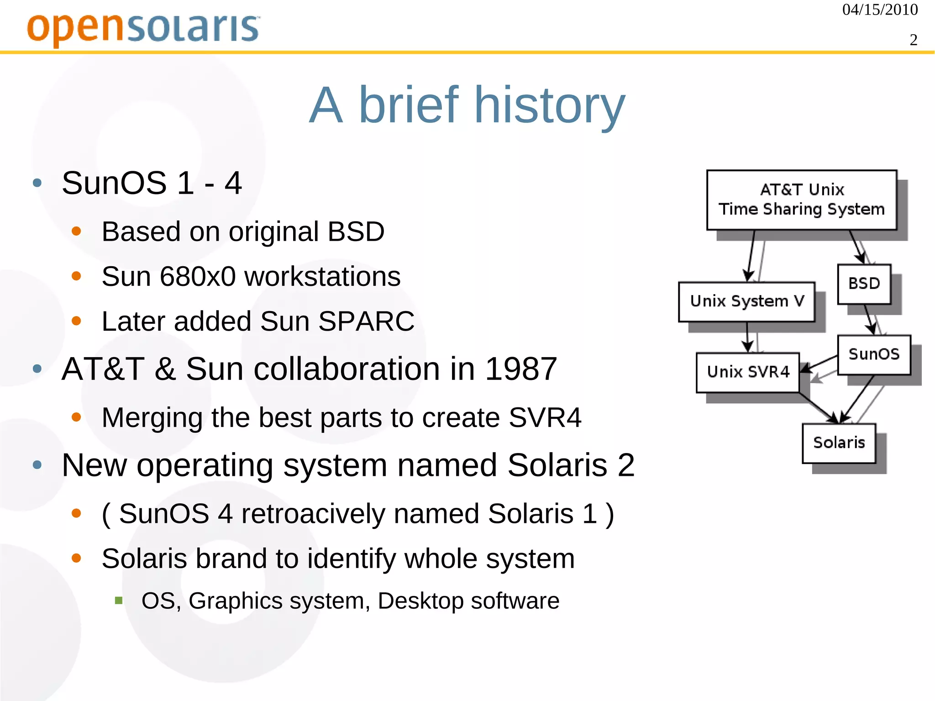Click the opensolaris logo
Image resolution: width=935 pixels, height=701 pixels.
(x=143, y=28)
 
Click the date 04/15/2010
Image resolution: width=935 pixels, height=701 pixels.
(x=879, y=10)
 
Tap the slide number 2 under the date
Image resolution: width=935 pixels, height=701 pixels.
(x=913, y=40)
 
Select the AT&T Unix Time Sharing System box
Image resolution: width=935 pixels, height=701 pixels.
(x=801, y=200)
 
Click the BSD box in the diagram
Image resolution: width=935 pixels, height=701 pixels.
(x=864, y=284)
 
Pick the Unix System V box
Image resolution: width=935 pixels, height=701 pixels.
(x=746, y=301)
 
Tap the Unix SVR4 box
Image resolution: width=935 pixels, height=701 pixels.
(x=747, y=372)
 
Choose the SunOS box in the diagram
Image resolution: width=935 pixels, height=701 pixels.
(x=874, y=354)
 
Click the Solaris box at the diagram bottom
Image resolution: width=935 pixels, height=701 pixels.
(x=839, y=443)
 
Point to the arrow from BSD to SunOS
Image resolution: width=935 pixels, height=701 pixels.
(x=869, y=319)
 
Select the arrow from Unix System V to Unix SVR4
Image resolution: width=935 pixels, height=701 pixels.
(x=747, y=337)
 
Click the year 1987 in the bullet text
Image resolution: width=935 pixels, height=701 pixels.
(x=520, y=369)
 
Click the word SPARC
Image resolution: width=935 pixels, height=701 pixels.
(x=366, y=321)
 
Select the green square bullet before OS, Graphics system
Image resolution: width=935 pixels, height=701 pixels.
(x=119, y=601)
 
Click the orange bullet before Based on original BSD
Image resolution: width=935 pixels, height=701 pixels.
(x=76, y=232)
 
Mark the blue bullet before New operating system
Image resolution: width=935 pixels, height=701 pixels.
(x=37, y=465)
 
